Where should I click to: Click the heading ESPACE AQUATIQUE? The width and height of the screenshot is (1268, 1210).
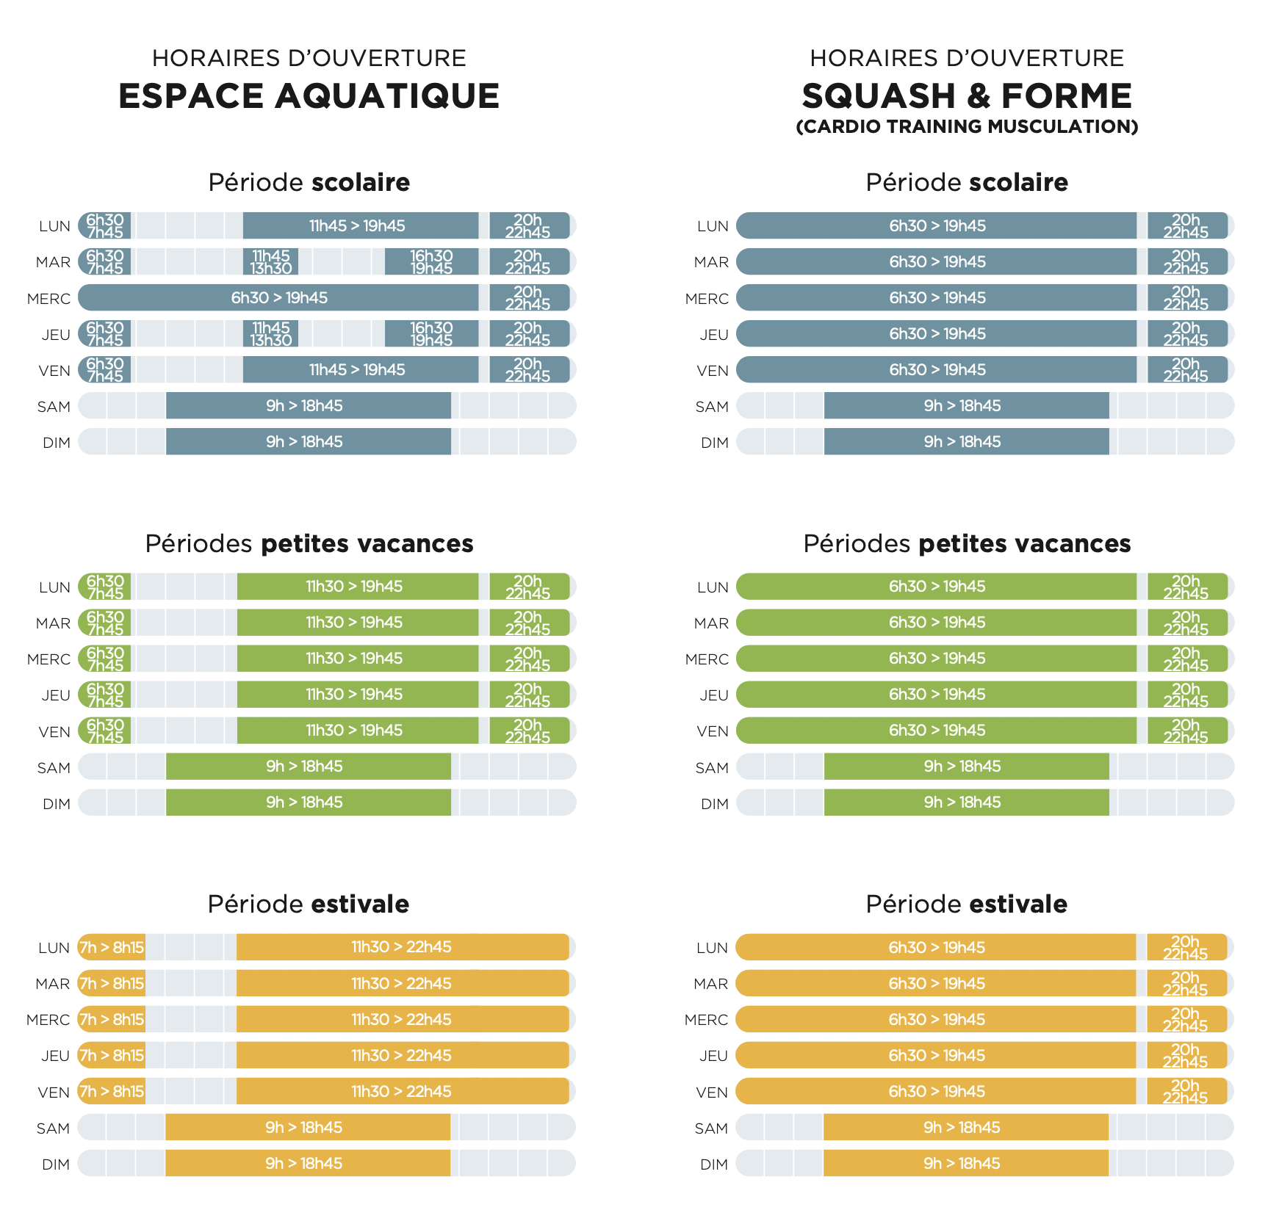pos(309,96)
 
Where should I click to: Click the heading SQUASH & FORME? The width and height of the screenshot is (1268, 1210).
pos(966,96)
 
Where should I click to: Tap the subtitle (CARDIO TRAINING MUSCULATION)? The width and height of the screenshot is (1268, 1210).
pos(966,127)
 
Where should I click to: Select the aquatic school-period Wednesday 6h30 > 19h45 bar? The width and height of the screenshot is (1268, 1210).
pos(279,298)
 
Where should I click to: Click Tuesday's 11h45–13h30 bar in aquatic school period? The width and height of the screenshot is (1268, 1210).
pos(270,262)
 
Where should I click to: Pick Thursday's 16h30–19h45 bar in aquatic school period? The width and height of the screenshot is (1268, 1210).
pos(431,334)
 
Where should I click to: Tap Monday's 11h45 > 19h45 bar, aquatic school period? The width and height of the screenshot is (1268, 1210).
pos(360,226)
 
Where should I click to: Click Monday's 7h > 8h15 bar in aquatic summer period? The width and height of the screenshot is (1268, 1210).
pos(112,948)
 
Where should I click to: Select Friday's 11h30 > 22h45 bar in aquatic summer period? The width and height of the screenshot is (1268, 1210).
pos(402,1092)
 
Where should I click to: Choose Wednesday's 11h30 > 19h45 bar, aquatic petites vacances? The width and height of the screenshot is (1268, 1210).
pos(357,659)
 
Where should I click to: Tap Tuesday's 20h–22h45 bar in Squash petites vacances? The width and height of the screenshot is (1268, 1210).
pos(1186,623)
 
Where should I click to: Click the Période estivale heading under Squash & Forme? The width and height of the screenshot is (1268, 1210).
pos(966,904)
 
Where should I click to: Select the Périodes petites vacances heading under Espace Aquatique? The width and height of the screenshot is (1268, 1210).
pos(309,543)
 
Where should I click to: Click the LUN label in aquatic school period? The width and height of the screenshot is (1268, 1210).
pos(54,226)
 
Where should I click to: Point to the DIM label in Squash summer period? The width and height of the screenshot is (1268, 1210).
pos(713,1164)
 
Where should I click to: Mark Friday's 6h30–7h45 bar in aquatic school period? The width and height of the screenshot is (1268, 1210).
pos(105,370)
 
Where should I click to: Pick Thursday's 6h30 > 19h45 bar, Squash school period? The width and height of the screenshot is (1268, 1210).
pos(937,334)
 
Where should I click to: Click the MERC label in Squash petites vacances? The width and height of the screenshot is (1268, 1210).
pos(707,659)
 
